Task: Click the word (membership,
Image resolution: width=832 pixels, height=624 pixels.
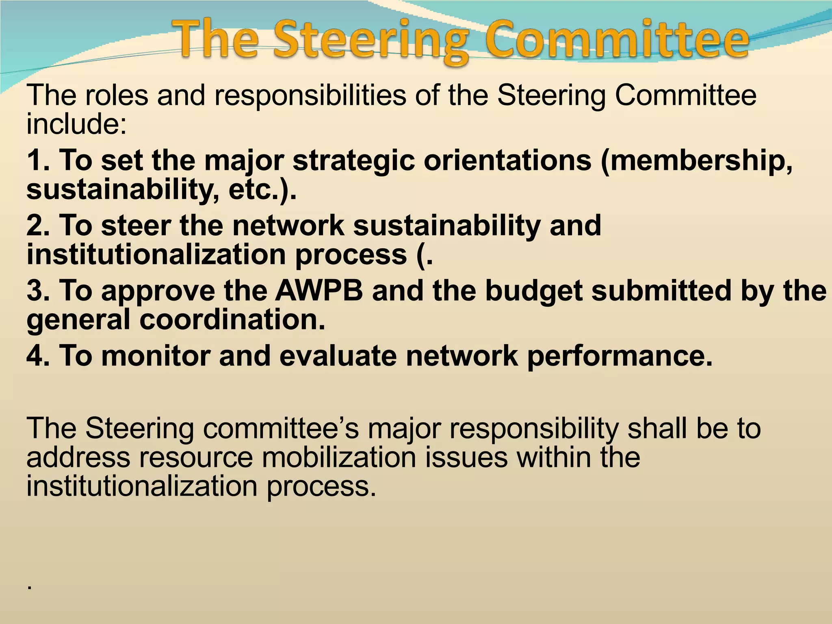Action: [x=697, y=161]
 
